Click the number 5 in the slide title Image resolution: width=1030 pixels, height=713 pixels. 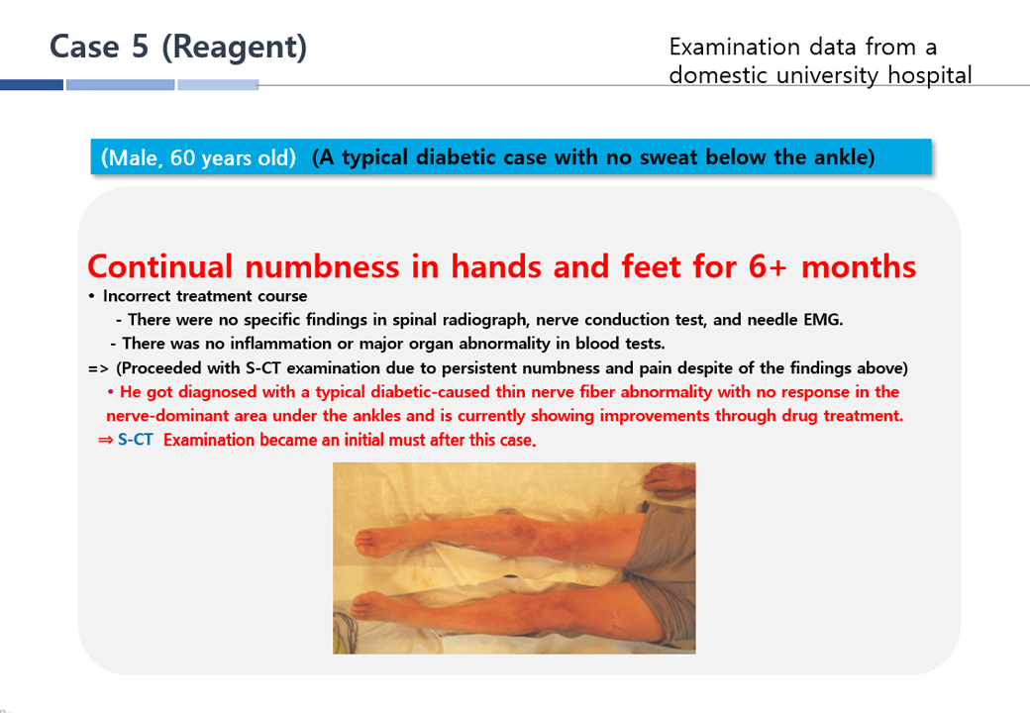(x=140, y=47)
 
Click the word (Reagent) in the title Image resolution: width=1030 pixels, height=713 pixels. (x=235, y=48)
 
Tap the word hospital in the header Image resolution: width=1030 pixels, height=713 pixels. (x=930, y=75)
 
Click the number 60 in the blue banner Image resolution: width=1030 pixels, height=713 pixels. (x=182, y=157)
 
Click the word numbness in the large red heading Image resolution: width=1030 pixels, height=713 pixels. (x=322, y=266)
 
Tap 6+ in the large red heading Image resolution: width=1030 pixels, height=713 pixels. (x=768, y=266)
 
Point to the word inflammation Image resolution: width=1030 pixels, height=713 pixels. (x=280, y=344)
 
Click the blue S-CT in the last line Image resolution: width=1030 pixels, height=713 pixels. (x=136, y=440)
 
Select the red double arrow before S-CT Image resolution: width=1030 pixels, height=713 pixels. (x=106, y=440)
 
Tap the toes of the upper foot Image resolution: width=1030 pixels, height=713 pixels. (x=364, y=542)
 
